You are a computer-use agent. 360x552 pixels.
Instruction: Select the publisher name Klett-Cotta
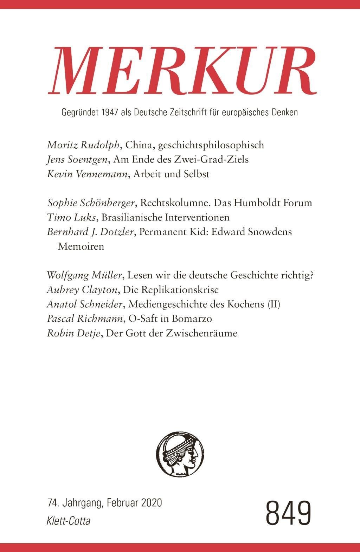pos(68,521)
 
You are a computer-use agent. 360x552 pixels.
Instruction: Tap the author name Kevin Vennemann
pos(86,174)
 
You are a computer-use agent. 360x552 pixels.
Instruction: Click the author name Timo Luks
pos(71,217)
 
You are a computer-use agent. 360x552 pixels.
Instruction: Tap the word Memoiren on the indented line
pos(81,246)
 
